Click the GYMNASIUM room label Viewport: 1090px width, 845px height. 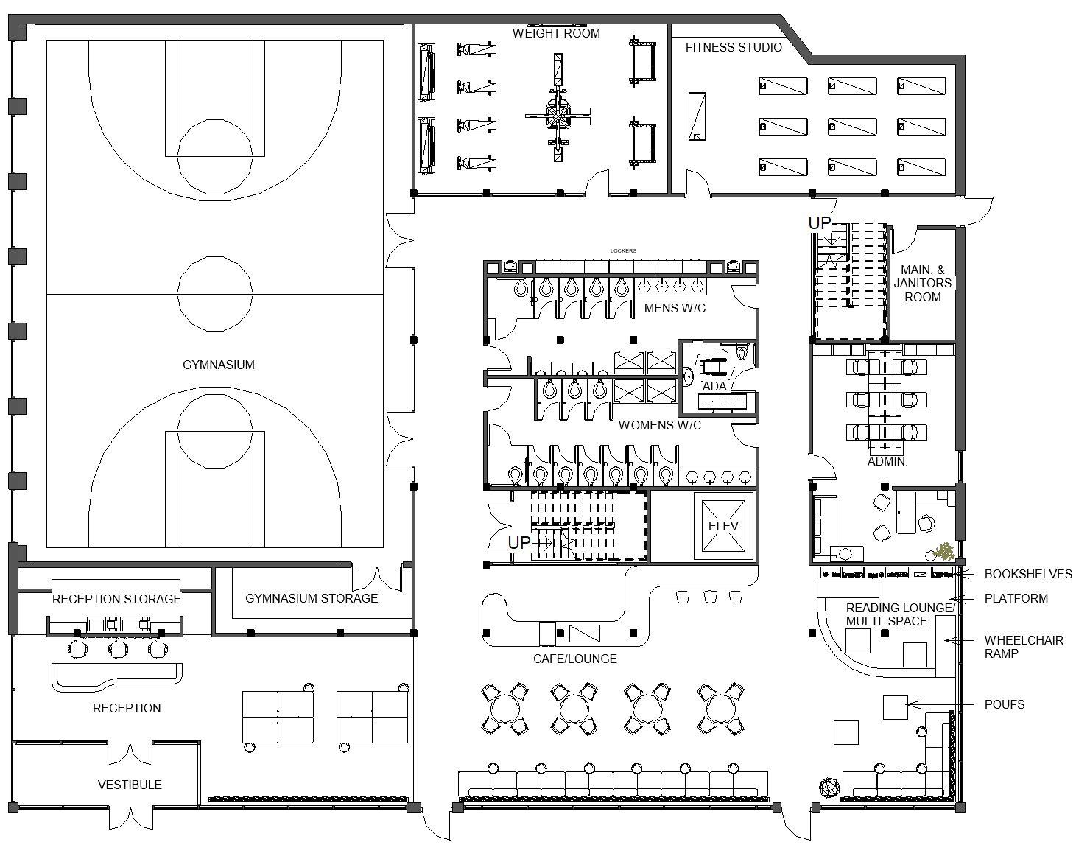coord(218,365)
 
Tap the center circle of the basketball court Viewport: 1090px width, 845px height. coord(215,293)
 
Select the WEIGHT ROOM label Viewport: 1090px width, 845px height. coord(556,33)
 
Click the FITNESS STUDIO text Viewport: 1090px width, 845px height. coord(734,47)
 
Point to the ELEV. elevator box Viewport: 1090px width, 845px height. coord(724,526)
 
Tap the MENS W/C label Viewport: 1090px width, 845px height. coord(675,308)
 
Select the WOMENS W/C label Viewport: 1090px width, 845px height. coord(660,425)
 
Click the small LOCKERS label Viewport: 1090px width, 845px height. coord(623,251)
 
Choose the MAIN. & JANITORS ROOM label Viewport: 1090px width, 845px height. coord(922,283)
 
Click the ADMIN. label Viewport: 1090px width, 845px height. coord(887,462)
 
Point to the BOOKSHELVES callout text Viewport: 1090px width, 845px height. coord(1028,574)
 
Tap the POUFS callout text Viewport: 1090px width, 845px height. coord(1005,704)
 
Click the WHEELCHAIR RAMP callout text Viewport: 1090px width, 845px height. coord(1024,647)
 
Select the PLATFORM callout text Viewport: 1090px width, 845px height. coord(1016,598)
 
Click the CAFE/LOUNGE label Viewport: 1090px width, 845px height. coord(575,659)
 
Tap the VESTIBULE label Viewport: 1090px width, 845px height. coord(130,785)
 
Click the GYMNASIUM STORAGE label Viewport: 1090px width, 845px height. coord(312,598)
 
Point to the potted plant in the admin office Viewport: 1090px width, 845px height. coord(942,551)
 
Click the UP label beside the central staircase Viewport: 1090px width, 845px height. coord(519,543)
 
